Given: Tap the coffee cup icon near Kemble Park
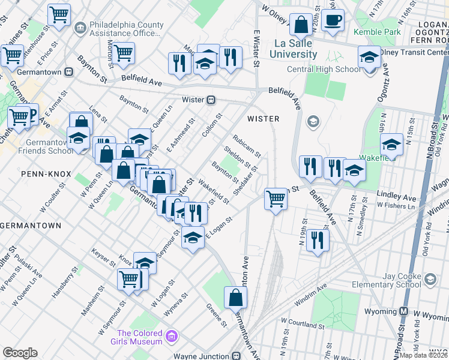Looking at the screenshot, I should pyautogui.click(x=333, y=20).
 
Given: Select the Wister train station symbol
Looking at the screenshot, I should pyautogui.click(x=211, y=100).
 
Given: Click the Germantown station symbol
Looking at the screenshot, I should pyautogui.click(x=68, y=71).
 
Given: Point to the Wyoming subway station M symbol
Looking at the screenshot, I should pyautogui.click(x=404, y=311).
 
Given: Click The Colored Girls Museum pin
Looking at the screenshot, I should pyautogui.click(x=173, y=334).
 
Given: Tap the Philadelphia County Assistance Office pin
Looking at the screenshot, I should pyautogui.click(x=79, y=27).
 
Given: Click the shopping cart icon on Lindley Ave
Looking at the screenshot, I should pyautogui.click(x=276, y=198).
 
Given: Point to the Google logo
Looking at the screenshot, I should pyautogui.click(x=20, y=353).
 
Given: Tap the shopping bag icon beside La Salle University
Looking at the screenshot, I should pyautogui.click(x=300, y=25).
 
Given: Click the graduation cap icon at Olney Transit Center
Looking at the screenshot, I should pyautogui.click(x=369, y=57).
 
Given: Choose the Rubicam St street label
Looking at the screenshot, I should pyautogui.click(x=247, y=146).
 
